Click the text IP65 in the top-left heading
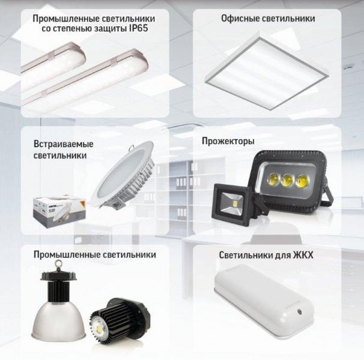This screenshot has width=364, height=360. coord(138,28)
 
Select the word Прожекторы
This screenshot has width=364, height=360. coord(228,141)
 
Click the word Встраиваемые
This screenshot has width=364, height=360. coord(64,144)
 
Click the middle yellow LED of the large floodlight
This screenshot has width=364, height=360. coord(287,179)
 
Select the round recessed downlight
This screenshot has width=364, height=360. coord(124,175)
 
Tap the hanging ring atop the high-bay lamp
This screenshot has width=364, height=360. coord(57,265)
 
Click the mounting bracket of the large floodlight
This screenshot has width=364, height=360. coord(329,191)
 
